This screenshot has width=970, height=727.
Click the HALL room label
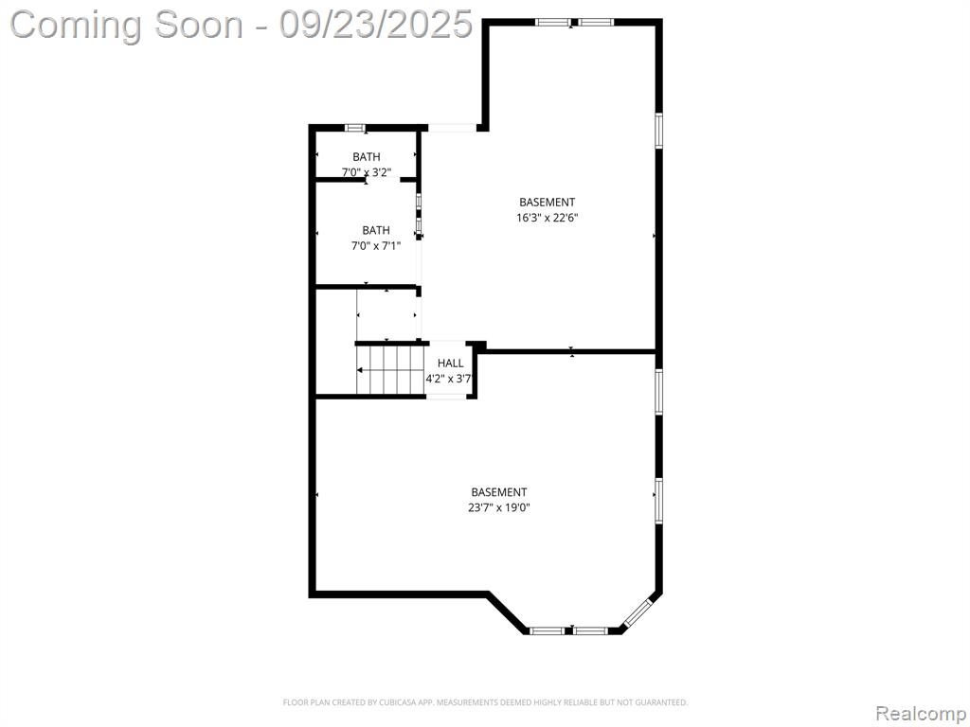[450, 363]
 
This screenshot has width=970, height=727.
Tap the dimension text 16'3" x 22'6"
[547, 218]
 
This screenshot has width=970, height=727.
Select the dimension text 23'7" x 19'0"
[499, 508]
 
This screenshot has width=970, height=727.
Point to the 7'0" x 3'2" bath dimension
[367, 172]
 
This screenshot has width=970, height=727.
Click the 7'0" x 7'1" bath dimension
[376, 246]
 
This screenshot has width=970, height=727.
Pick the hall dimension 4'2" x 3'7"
[449, 379]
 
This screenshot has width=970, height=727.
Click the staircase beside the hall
[390, 369]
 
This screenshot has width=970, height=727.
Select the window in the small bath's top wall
[355, 128]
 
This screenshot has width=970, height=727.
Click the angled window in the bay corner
[638, 612]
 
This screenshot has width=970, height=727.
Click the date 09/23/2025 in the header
[375, 25]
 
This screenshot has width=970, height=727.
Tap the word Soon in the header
[199, 25]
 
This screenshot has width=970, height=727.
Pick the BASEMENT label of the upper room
[547, 203]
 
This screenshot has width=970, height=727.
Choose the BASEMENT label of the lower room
[499, 492]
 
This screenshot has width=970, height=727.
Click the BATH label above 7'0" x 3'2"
[367, 157]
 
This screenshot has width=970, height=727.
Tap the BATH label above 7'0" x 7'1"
[376, 231]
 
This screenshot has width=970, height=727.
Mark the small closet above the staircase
[387, 314]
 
